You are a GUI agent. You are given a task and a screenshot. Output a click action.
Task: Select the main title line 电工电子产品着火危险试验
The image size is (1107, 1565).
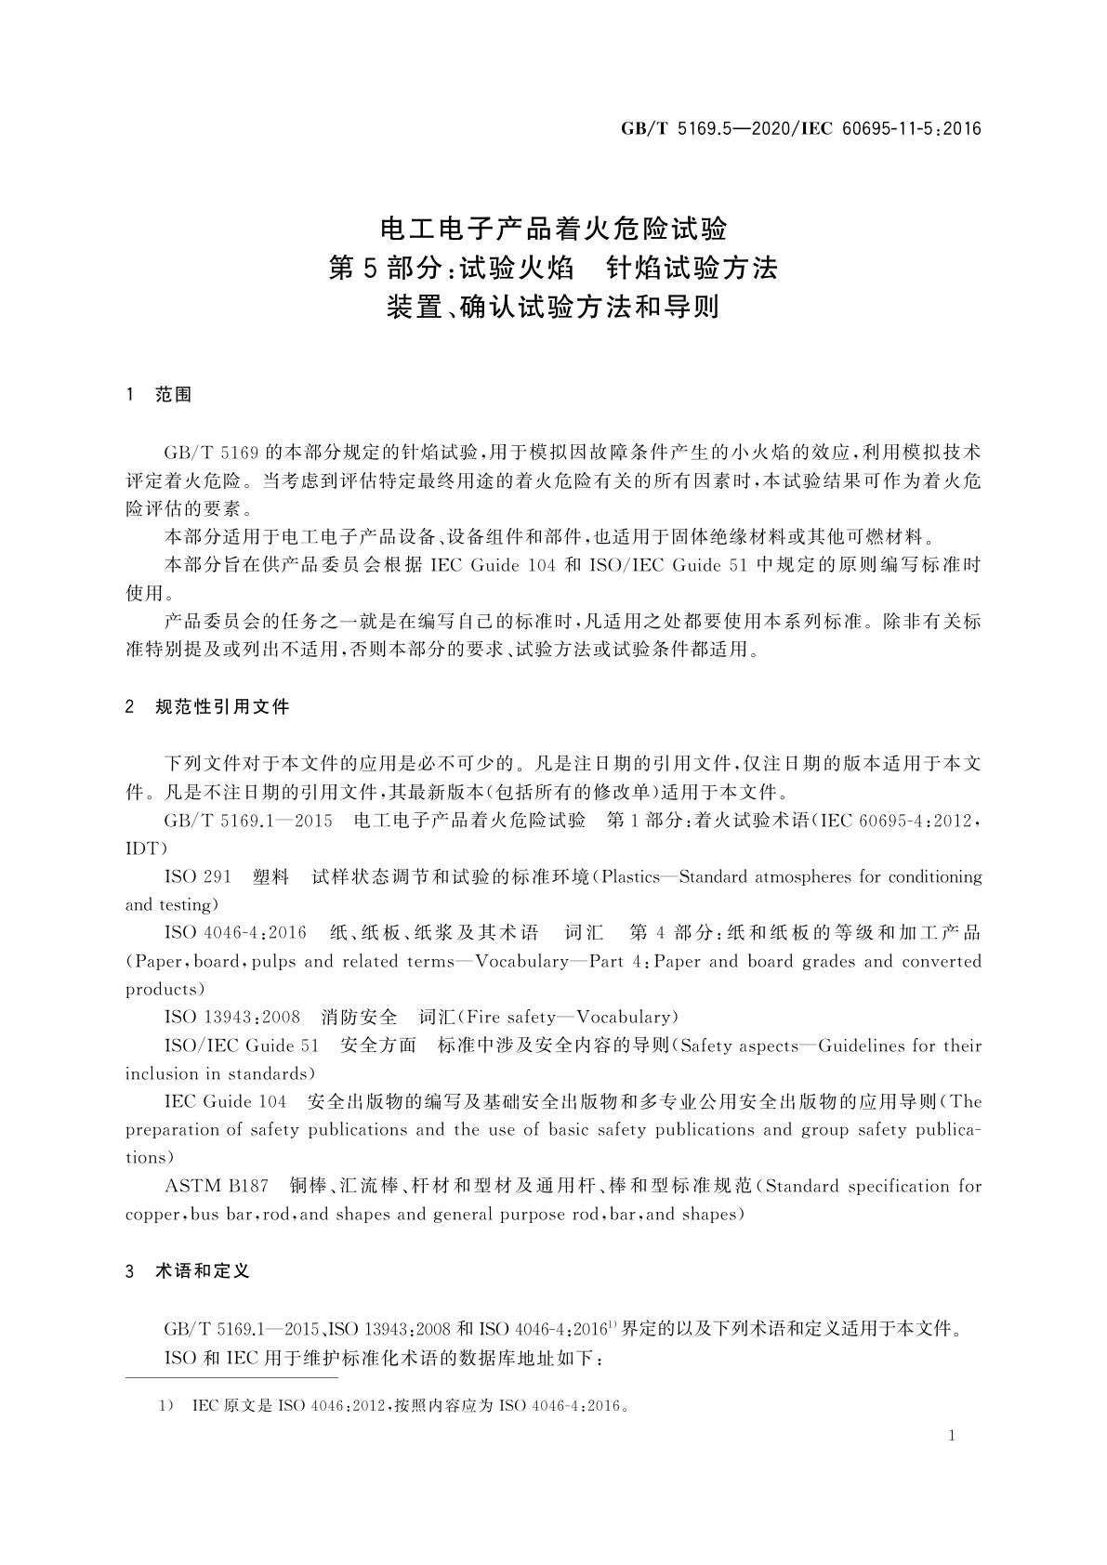click(554, 228)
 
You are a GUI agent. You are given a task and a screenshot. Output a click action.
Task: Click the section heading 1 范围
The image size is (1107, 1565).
click(158, 395)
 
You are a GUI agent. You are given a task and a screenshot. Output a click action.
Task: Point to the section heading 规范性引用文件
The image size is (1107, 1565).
click(222, 707)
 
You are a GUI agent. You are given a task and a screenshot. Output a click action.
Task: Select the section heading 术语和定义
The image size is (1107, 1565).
click(203, 1270)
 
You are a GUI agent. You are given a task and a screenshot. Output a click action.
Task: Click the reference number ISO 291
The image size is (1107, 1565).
click(198, 876)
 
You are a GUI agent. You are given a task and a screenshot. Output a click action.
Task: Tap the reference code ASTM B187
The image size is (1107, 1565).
click(216, 1186)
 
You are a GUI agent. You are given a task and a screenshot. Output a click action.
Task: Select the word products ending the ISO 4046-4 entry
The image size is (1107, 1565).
click(161, 989)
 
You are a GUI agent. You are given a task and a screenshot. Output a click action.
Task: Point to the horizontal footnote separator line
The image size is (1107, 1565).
click(231, 1379)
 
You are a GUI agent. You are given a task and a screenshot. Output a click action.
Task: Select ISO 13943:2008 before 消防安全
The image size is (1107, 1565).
click(232, 1017)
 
